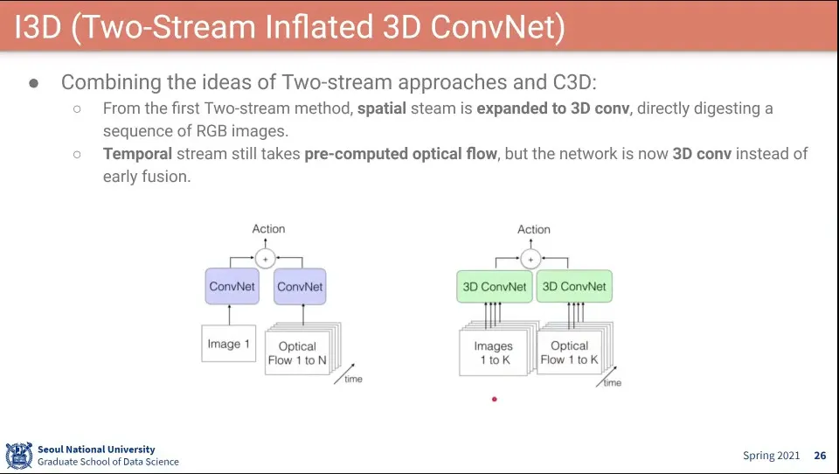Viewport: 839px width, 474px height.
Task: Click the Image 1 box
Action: [229, 344]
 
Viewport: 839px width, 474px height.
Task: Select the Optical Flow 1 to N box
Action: [297, 353]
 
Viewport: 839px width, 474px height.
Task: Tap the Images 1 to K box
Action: [494, 353]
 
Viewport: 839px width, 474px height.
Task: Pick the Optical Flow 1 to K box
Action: [570, 353]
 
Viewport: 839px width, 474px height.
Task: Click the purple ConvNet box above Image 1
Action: [232, 287]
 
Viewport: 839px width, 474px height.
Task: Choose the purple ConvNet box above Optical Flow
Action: [300, 287]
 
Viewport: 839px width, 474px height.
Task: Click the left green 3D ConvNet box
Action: [494, 287]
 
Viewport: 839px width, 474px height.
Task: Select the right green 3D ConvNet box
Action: [573, 287]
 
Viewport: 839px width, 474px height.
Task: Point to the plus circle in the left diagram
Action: [265, 258]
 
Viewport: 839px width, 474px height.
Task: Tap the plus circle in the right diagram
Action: [530, 258]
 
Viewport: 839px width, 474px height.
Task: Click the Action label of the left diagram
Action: [268, 229]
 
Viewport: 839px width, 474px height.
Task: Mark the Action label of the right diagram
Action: [534, 230]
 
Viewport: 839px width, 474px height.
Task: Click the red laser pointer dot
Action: [495, 399]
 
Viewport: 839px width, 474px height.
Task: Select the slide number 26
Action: [820, 456]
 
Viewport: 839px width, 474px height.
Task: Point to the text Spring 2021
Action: [771, 456]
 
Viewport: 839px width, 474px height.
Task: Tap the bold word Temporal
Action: [137, 154]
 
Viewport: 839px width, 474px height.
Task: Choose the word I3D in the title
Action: [38, 27]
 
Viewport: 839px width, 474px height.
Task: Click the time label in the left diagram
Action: [353, 379]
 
